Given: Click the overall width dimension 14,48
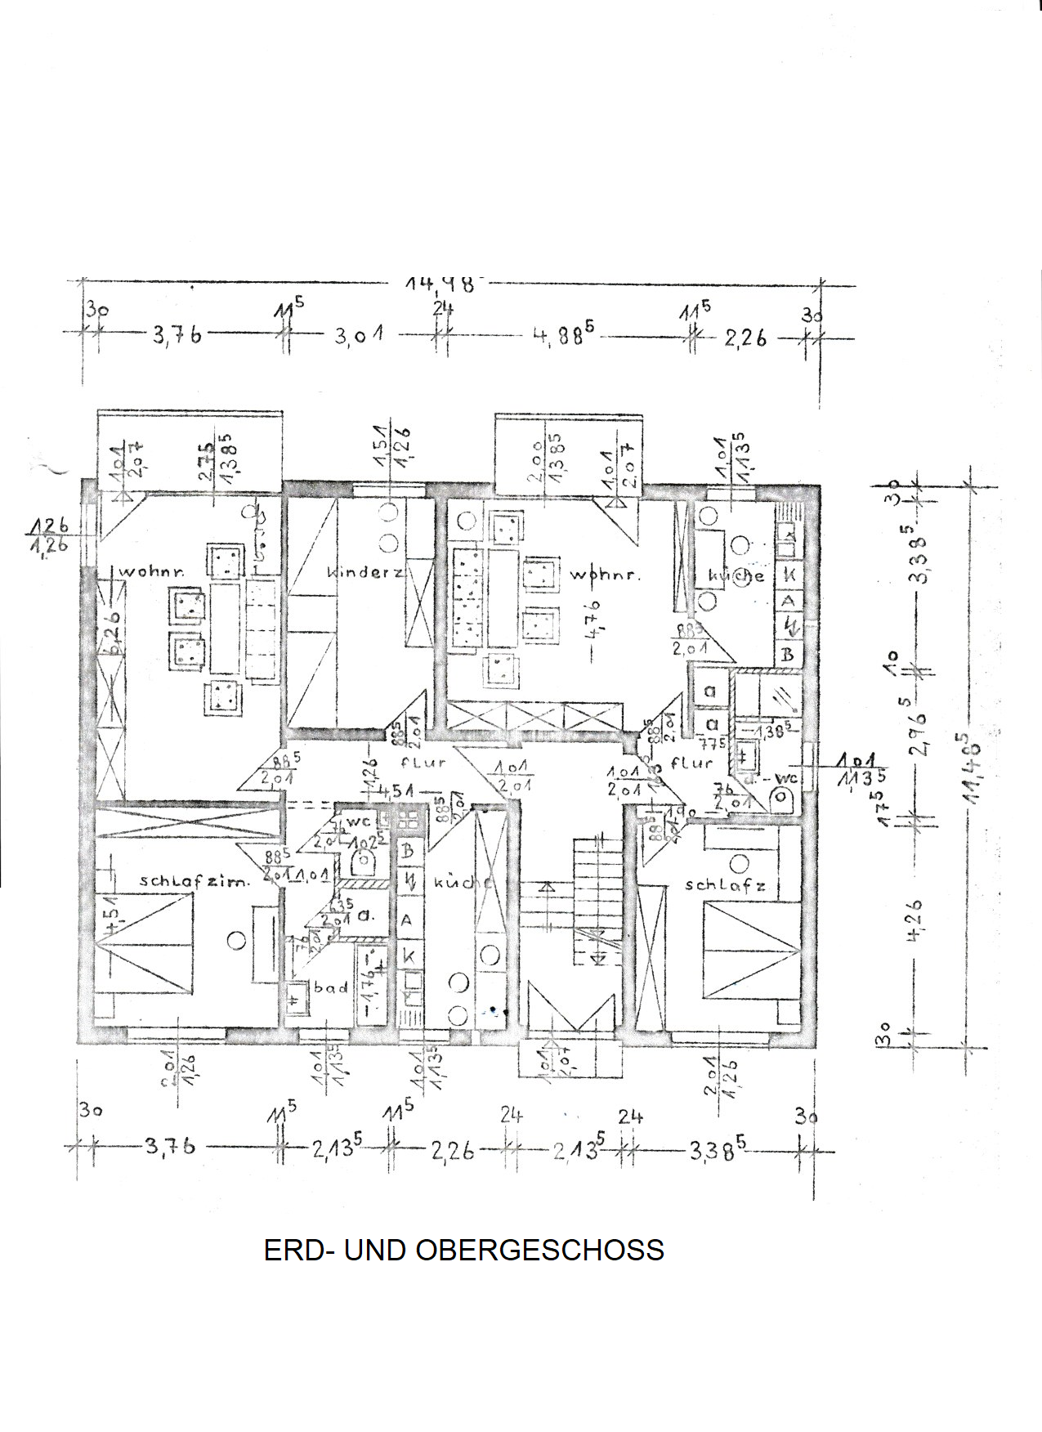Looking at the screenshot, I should coord(440,284).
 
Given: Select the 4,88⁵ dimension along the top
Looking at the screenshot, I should coord(563,335).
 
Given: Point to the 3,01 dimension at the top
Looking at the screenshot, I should coord(359,336).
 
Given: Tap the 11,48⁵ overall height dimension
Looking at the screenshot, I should coord(972,769).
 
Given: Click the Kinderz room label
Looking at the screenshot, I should coord(364,573).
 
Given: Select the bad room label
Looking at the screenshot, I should coord(331,987).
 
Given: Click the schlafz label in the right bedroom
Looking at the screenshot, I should coord(725,885).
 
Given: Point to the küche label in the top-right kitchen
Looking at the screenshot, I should coord(736,575).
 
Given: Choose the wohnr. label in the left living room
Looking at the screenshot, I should coord(151,571).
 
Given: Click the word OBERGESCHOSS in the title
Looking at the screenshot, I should coord(539,1250).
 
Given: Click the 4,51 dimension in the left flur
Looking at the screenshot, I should coord(396,790).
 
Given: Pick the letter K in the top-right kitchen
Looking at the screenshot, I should coord(789,574).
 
